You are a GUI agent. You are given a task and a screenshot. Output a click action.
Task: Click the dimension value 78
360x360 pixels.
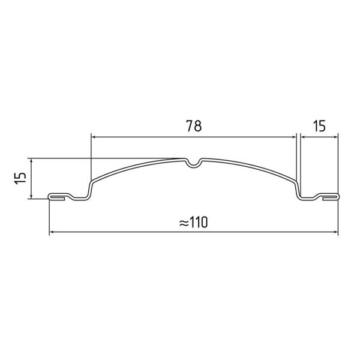click(x=194, y=126)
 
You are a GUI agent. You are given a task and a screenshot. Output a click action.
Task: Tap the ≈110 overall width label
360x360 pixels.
click(x=193, y=222)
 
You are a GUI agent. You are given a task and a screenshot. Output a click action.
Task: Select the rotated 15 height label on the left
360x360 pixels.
click(x=20, y=179)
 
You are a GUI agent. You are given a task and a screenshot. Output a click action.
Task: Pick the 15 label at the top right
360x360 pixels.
click(x=319, y=126)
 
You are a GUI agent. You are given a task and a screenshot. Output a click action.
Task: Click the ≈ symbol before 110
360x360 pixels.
click(x=184, y=223)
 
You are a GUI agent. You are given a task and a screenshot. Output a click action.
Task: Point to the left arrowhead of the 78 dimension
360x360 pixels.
click(x=94, y=137)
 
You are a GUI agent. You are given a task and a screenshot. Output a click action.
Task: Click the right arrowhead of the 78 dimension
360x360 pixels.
click(x=294, y=137)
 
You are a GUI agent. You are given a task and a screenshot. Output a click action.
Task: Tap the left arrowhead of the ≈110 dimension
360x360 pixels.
click(x=52, y=232)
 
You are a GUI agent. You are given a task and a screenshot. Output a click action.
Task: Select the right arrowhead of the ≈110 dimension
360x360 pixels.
click(x=335, y=232)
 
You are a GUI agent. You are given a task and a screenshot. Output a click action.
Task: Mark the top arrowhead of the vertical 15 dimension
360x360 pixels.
click(x=31, y=160)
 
